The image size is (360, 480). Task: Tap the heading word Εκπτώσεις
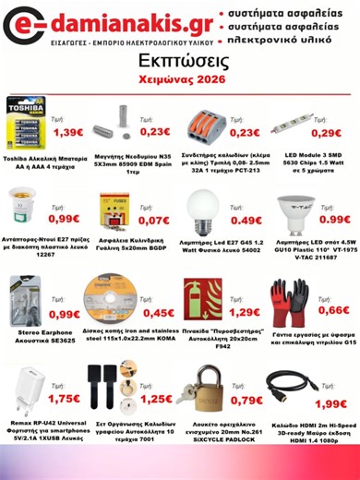[x=180, y=60]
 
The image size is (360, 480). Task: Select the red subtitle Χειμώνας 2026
[x=180, y=80]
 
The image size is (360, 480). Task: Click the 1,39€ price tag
[x=69, y=133]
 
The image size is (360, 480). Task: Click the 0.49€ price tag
[x=245, y=221]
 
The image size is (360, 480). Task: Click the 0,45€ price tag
[x=159, y=313]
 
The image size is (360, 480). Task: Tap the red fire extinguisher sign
[x=204, y=297]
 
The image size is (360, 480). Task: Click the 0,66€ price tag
[x=334, y=309]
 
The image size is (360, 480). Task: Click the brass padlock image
[x=205, y=388]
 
